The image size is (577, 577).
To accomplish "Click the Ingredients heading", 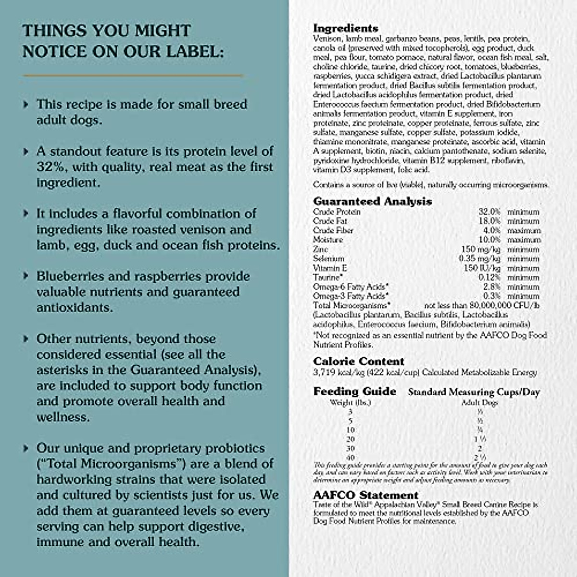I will [x=345, y=28].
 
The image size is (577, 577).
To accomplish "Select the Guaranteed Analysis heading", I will [x=372, y=201].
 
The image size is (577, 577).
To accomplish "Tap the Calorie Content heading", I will [x=359, y=361].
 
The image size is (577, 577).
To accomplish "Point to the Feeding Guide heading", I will [x=354, y=391].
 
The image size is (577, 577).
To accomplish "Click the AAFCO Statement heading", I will [x=365, y=495].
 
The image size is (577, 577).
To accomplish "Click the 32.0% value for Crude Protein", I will [x=489, y=212].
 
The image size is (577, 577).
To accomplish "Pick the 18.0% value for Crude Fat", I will [x=489, y=221].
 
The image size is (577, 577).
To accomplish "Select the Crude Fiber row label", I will [x=333, y=230].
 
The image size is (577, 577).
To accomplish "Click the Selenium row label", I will [x=328, y=259].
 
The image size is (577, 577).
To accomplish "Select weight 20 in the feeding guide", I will [x=351, y=439].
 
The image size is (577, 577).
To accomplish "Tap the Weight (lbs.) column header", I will [x=351, y=402].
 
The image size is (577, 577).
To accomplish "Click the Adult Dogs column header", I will [x=479, y=402].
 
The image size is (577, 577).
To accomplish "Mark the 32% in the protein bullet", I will [x=47, y=167].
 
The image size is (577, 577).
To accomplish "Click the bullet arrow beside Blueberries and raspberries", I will [x=26, y=276].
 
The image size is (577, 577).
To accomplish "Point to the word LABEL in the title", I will [x=194, y=51].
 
